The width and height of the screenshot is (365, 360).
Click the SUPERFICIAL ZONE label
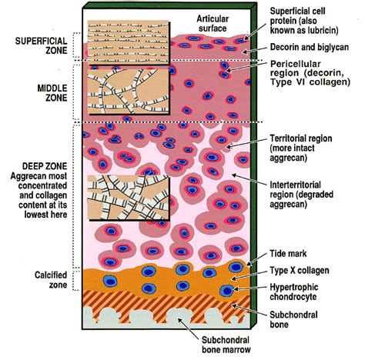41,45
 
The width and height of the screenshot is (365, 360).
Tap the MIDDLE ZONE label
52,93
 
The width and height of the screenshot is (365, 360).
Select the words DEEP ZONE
45,166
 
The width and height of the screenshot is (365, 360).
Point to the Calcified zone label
51,280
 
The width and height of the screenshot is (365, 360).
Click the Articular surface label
213,23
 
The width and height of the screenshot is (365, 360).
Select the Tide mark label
288,254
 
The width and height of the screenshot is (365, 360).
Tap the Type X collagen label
300,270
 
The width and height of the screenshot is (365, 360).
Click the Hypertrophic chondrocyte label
294,292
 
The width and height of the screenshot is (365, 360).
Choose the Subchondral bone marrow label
226,345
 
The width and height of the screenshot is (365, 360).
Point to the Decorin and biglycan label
310,47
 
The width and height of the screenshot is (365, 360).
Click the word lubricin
322,30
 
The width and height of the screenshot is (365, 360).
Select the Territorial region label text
301,148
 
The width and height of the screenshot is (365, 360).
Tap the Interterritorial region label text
301,195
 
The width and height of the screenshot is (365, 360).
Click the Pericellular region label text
310,73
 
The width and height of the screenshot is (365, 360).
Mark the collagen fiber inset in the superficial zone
129,42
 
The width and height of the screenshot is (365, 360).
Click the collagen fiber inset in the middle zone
129,92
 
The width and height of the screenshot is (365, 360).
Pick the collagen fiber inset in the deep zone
129,198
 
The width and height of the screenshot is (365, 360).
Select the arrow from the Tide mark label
257,259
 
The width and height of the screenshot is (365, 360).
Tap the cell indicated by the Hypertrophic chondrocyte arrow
226,291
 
